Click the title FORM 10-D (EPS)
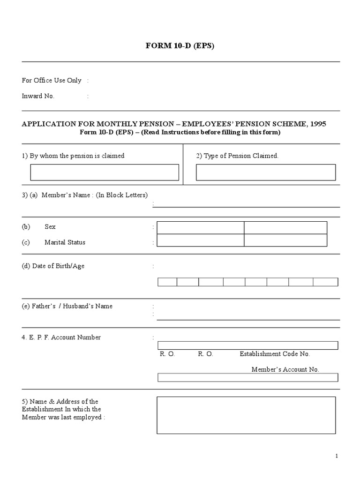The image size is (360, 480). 180,46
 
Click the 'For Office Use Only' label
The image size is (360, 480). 52,81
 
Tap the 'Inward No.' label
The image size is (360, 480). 38,96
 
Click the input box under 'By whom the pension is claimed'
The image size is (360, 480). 105,172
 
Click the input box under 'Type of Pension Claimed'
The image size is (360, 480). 266,172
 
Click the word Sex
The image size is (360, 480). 50,227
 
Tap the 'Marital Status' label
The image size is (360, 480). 65,242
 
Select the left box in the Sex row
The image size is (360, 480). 200,227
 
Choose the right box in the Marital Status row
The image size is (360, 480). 285,240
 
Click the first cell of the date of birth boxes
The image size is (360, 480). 167,282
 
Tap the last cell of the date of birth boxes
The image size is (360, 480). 325,282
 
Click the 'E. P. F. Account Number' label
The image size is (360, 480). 61,337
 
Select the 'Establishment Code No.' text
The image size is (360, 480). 275,354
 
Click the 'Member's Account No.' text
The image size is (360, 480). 285,369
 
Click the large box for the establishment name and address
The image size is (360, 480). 246,415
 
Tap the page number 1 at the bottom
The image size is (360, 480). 337,456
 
